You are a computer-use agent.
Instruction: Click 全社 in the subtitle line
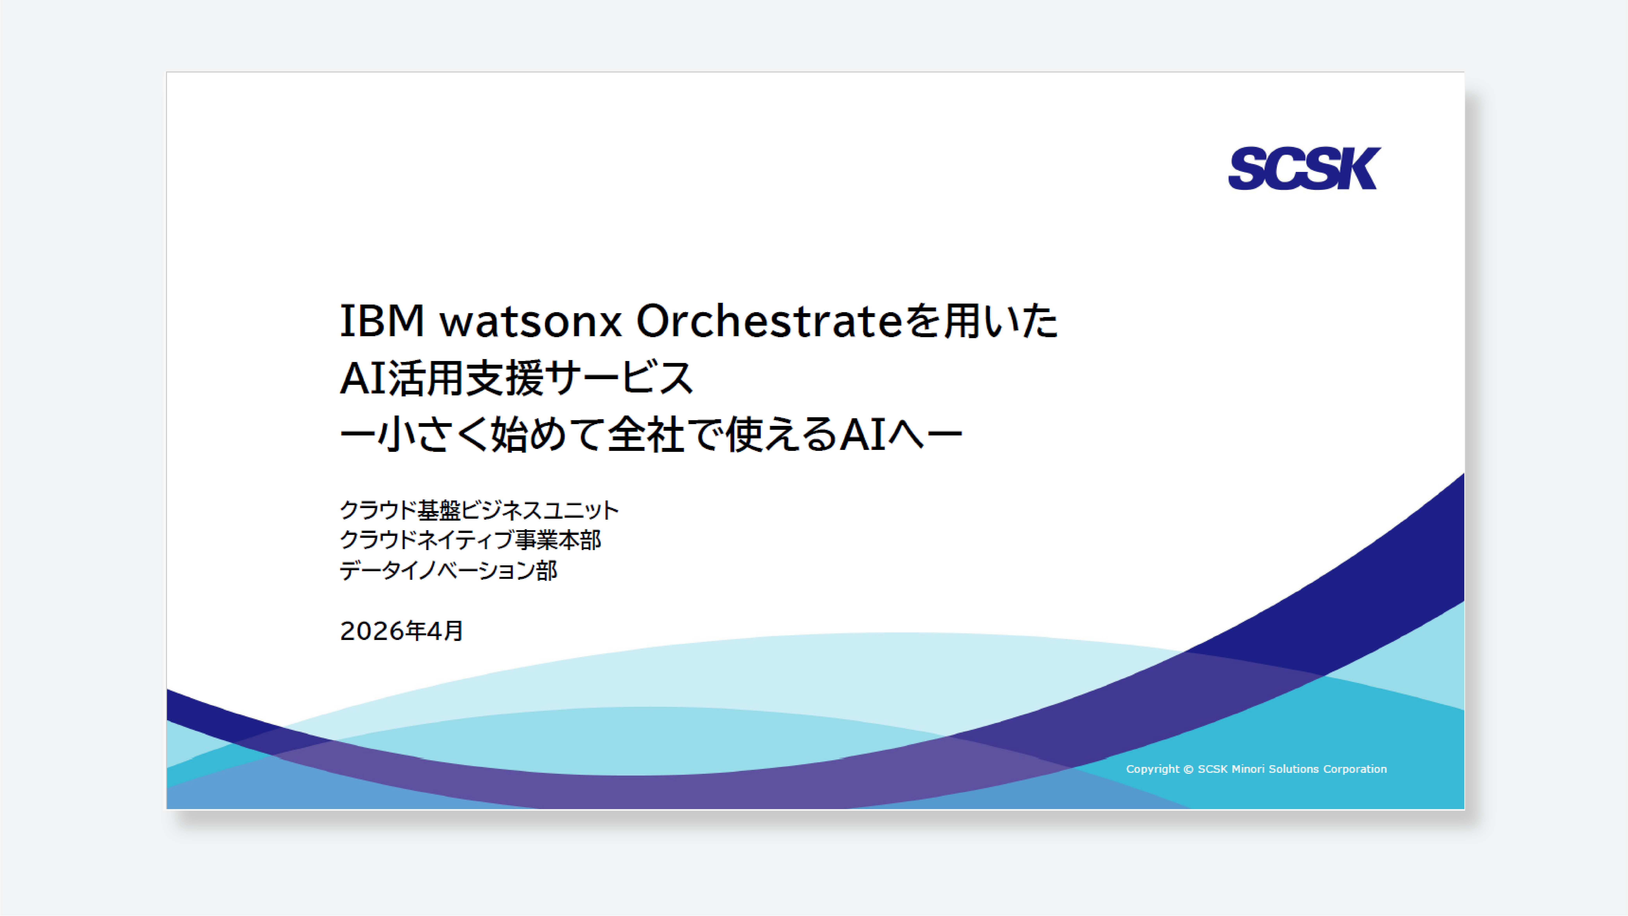(646, 435)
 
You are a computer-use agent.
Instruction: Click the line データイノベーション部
(448, 570)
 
